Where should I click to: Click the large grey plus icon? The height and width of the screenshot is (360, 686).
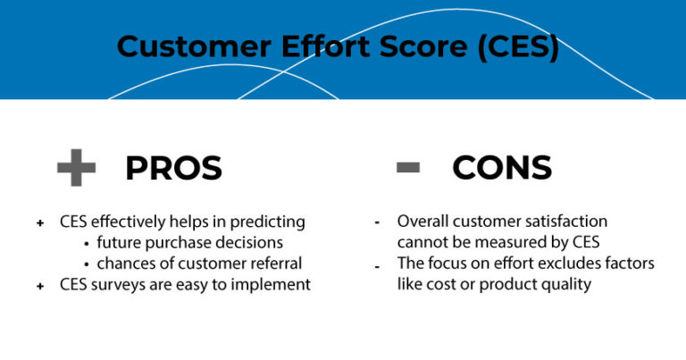coord(76,168)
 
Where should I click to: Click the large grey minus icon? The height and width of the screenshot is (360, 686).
coord(407,167)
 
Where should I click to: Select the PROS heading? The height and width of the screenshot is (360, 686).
coord(173,168)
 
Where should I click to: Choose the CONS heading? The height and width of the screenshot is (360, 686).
coord(502,168)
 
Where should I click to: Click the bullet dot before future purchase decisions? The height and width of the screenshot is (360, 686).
coord(87,243)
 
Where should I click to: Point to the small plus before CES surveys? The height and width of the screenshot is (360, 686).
coord(40,284)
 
